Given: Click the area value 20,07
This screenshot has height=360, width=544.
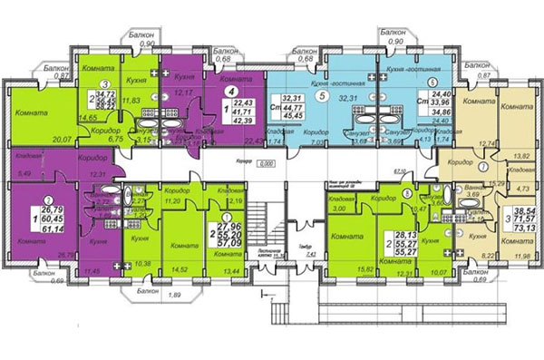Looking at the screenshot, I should pyautogui.click(x=63, y=140).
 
